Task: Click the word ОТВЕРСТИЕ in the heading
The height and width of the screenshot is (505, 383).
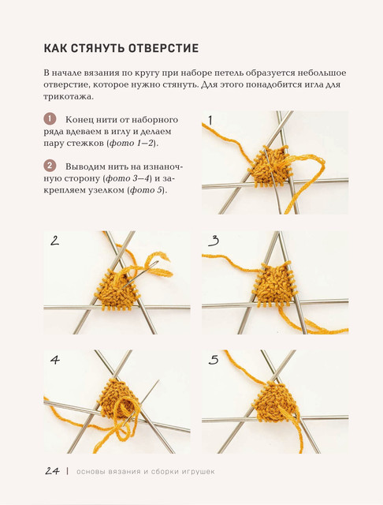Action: [163, 48]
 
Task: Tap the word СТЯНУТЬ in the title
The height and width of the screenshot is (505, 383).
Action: [98, 48]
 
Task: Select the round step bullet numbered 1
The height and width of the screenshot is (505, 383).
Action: [50, 119]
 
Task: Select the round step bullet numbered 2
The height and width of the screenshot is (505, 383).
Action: [50, 166]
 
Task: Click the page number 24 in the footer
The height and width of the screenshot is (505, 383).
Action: [53, 471]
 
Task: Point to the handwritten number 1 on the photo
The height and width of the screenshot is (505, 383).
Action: [210, 121]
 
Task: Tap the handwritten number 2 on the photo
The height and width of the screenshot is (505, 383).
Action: [54, 241]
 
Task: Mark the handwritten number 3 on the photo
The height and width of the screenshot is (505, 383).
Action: [214, 241]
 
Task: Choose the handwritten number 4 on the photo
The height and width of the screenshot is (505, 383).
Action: [55, 360]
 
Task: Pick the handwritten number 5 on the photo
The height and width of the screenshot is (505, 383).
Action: [214, 360]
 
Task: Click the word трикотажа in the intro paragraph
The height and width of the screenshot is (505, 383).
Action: [68, 96]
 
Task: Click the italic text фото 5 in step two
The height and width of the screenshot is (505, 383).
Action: [146, 190]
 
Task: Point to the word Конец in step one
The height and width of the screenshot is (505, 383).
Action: [78, 120]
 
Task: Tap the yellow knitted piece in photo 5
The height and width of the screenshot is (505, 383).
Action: [276, 402]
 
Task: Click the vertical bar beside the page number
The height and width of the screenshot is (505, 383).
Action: [68, 471]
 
